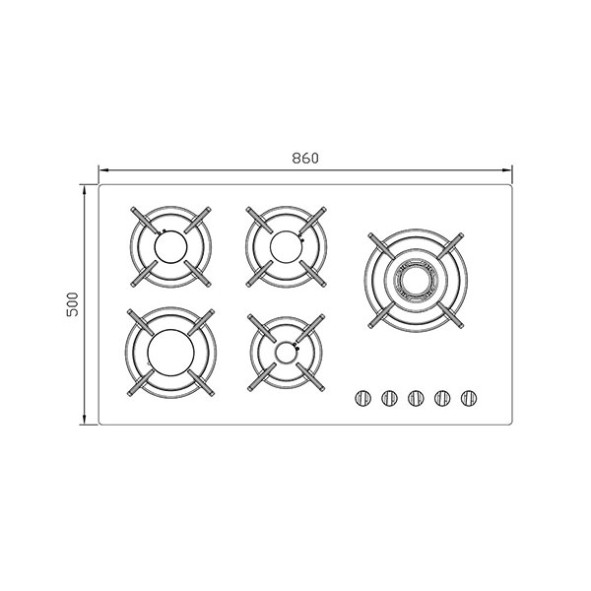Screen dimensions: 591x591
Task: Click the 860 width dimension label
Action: pos(305,159)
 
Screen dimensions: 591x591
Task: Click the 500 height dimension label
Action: pos(72,304)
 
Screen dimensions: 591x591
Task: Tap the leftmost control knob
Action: pos(362,398)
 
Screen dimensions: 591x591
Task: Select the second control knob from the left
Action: pos(389,398)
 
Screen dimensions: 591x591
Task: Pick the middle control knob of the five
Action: pos(416,398)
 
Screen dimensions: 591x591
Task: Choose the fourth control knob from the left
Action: pos(442,398)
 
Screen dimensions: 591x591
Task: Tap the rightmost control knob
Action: pos(469,398)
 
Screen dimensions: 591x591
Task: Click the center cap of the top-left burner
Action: pos(170,247)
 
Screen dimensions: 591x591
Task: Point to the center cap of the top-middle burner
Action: pos(286,247)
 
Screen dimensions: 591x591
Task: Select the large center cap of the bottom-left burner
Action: pos(170,353)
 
